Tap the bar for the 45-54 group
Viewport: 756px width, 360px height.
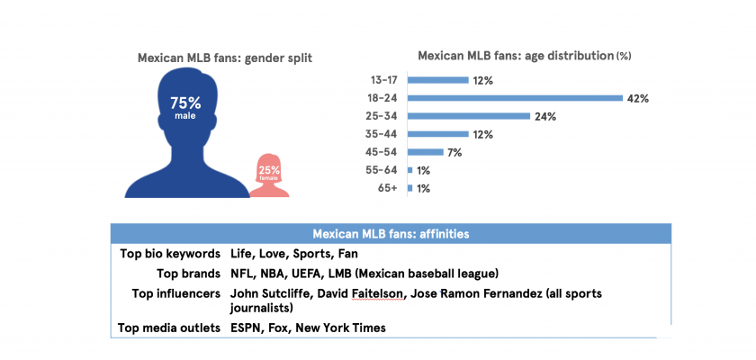tap(426, 152)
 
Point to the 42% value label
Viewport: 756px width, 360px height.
tap(638, 98)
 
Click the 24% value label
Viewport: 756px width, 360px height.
tap(544, 116)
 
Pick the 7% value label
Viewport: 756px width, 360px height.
tap(454, 152)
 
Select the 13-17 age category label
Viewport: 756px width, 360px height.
tap(384, 80)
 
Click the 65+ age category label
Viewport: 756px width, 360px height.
tap(389, 188)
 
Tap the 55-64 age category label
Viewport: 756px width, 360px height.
tap(384, 170)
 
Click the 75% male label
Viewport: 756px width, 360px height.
tap(184, 106)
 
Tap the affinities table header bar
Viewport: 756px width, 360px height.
tap(391, 234)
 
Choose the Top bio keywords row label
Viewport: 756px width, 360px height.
tap(170, 254)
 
